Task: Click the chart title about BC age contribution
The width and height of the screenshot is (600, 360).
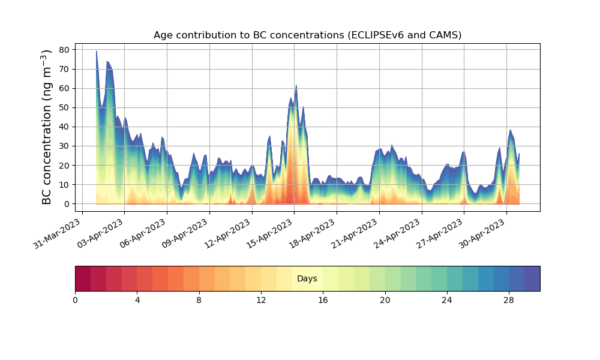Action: tap(307, 35)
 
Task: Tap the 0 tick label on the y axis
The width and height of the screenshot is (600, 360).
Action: tap(67, 204)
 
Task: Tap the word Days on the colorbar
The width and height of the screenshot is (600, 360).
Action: tap(307, 279)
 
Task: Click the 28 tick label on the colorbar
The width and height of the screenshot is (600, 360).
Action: tap(509, 300)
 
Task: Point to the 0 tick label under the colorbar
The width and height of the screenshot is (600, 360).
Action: tap(75, 300)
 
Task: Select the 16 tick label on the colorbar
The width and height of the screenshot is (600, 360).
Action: tap(323, 300)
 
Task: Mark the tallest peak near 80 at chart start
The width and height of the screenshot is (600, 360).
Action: tap(97, 52)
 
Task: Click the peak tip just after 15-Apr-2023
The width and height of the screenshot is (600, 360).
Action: tap(296, 86)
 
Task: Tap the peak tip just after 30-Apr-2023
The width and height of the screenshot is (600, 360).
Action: tap(511, 130)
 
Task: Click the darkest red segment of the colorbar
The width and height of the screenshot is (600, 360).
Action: tap(83, 278)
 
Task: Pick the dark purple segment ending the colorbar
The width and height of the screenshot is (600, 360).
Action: tap(532, 278)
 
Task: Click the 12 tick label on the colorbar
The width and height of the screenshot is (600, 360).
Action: tap(261, 300)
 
